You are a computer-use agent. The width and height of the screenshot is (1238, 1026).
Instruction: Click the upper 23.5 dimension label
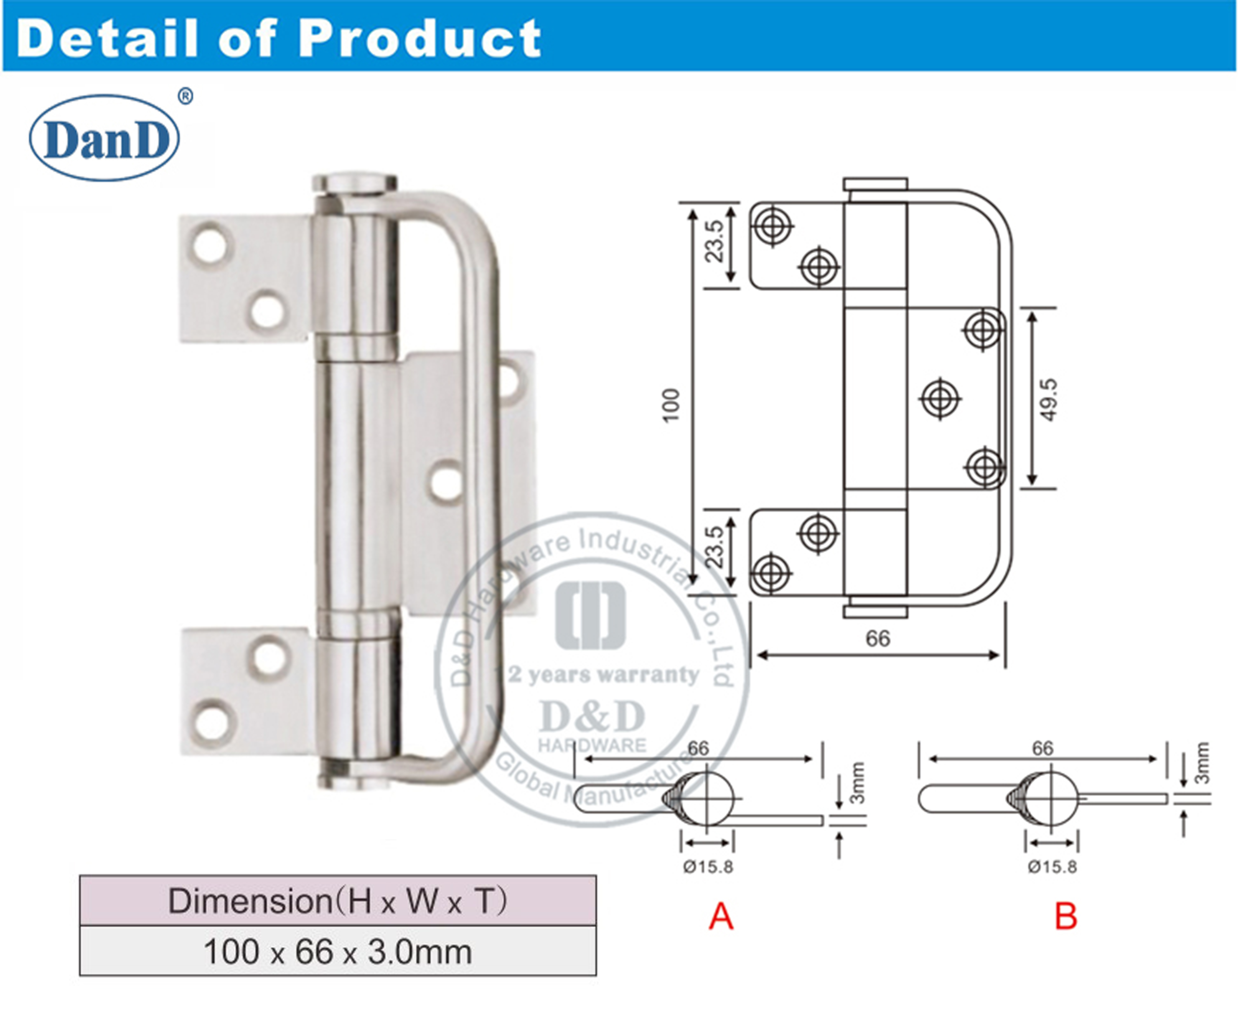point(715,241)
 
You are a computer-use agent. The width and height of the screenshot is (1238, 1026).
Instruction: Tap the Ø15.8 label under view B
point(1052,867)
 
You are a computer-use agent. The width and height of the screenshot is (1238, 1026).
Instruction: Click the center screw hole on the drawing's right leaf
point(940,399)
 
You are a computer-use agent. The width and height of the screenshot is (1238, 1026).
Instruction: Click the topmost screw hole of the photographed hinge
point(210,244)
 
